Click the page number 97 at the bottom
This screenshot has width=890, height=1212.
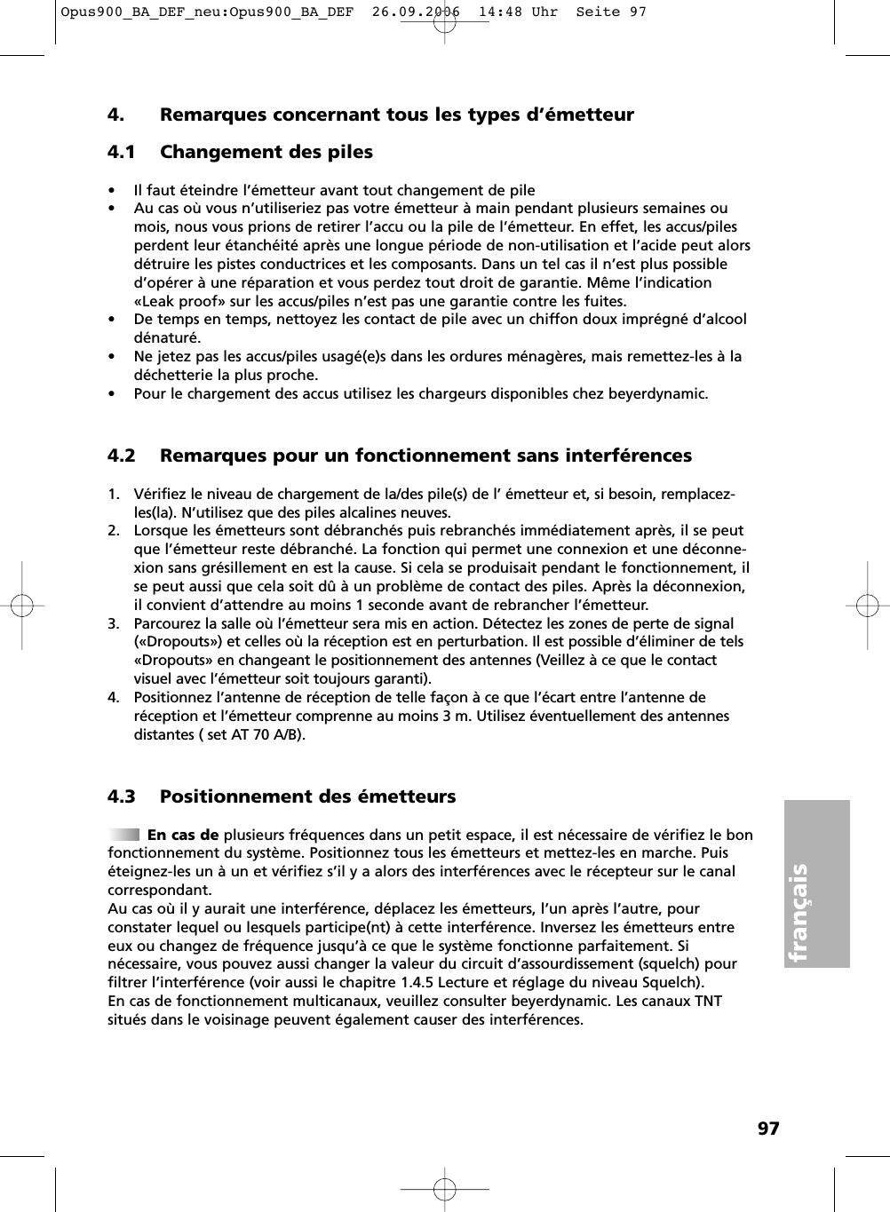(x=768, y=1129)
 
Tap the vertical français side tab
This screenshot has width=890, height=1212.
(x=817, y=883)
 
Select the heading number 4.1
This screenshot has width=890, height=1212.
(x=122, y=152)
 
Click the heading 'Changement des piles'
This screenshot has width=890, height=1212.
(x=266, y=152)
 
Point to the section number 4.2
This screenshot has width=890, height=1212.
(x=122, y=455)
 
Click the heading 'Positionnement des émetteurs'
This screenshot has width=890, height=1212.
(x=307, y=796)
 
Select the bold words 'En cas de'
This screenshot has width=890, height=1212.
(x=183, y=835)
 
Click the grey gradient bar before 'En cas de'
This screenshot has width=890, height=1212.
(x=123, y=835)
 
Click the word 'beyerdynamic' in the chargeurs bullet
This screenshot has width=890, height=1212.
(x=657, y=393)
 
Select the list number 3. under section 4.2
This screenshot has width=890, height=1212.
(x=114, y=623)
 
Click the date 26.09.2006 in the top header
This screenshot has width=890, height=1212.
(x=417, y=12)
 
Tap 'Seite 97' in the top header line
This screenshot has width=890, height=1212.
(x=611, y=12)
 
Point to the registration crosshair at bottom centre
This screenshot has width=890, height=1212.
(x=444, y=1188)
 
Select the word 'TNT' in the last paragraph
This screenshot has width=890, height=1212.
(x=707, y=1001)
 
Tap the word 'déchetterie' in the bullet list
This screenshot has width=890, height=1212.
(x=172, y=375)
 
